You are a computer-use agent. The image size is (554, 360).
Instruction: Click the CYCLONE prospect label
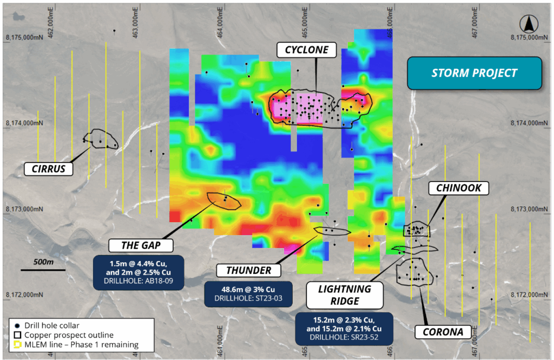click(x=307, y=50)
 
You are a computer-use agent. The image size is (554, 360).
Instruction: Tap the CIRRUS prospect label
click(x=48, y=169)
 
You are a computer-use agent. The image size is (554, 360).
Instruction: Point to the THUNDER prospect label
click(x=248, y=270)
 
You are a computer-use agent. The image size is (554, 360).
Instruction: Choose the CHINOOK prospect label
click(x=458, y=188)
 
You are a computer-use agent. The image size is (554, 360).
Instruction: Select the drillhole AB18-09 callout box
click(x=139, y=272)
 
